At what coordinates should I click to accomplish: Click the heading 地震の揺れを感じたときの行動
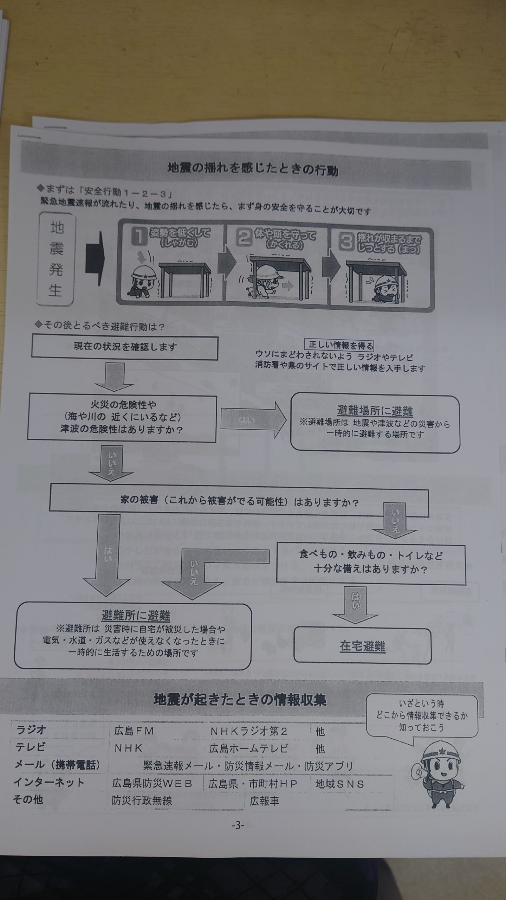253,170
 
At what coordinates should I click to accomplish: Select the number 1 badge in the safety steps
139,236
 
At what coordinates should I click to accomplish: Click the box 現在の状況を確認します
125,347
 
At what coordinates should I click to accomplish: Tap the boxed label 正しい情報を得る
341,345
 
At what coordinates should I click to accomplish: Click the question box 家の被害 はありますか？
239,501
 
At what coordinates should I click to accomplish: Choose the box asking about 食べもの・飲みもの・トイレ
371,565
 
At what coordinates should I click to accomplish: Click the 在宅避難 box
362,646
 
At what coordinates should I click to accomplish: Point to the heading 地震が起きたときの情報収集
240,700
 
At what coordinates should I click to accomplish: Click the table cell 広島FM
134,731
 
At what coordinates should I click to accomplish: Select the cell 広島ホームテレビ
249,748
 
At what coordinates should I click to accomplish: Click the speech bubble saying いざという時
421,715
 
